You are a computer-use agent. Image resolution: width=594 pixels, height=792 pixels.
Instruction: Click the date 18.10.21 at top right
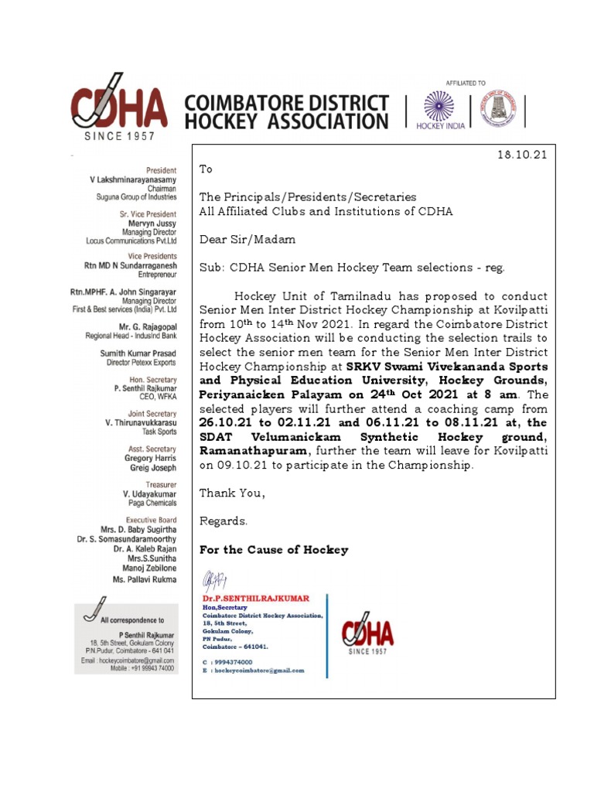(x=521, y=155)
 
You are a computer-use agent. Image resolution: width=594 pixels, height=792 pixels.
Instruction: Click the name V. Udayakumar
(x=149, y=493)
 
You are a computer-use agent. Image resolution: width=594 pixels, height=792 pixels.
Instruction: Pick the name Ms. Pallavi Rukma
(x=145, y=579)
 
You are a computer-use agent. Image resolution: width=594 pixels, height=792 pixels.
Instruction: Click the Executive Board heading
(x=151, y=521)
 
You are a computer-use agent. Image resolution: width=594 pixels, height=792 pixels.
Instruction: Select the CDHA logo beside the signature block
(x=368, y=635)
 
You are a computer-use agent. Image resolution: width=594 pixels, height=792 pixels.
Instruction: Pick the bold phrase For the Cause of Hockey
(x=274, y=550)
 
